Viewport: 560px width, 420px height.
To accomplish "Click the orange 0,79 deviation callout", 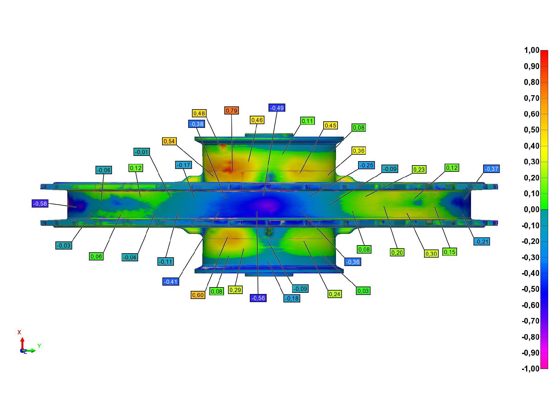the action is pos(231,110).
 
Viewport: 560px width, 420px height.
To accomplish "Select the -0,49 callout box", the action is pos(277,108).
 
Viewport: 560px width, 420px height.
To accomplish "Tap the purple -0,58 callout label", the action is pos(40,204).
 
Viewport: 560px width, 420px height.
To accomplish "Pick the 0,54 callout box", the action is pos(169,141).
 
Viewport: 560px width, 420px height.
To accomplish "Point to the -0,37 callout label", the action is pos(491,169).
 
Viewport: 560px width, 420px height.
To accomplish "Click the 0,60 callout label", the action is pos(198,295).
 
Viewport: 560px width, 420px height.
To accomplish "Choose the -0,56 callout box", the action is pos(258,298).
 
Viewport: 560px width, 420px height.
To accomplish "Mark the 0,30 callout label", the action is pos(431,254).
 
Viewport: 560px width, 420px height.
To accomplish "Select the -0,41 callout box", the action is pos(171,282).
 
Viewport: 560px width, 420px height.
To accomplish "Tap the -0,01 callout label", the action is pos(142,152).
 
